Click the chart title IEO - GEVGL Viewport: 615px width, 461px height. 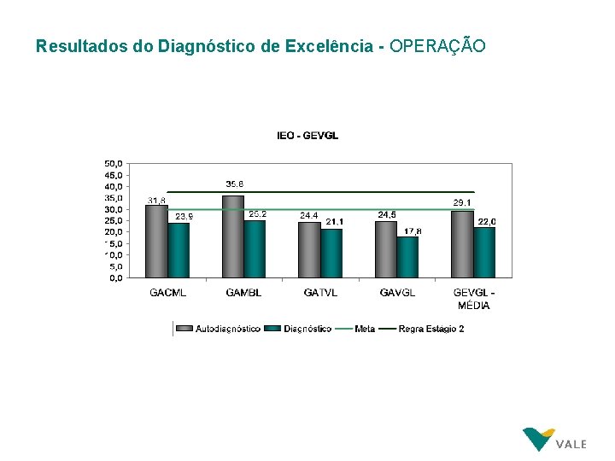click(x=307, y=136)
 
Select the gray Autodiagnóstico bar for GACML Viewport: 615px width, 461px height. click(x=156, y=242)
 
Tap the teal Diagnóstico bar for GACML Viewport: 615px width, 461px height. click(x=179, y=250)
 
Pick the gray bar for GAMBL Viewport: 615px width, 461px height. click(x=232, y=236)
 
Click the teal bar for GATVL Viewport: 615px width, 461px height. click(x=331, y=254)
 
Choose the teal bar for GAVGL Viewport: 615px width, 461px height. click(x=408, y=257)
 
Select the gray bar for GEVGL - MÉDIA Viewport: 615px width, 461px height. click(x=462, y=244)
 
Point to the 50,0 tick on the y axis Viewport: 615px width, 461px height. click(x=113, y=163)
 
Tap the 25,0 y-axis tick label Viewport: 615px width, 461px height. click(x=113, y=220)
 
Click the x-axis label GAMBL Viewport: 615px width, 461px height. click(x=244, y=293)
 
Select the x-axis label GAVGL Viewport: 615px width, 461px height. click(x=397, y=293)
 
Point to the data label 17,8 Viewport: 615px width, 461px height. click(x=413, y=230)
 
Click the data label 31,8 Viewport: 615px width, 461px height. click(x=156, y=201)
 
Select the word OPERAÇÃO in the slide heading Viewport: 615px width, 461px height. click(x=437, y=46)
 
